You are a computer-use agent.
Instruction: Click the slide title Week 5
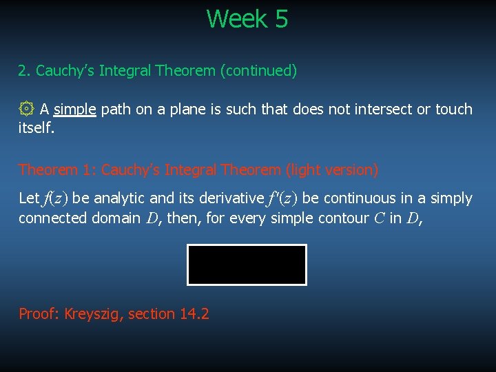tap(247, 19)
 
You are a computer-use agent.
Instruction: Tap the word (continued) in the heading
tap(258, 71)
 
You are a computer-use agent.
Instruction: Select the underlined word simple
tap(74, 110)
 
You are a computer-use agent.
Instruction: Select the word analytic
tap(118, 198)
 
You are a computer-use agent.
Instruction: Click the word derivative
tap(231, 198)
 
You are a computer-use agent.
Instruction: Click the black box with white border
tap(247, 265)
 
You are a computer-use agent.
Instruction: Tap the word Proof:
tap(39, 314)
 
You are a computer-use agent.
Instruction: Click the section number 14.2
tap(194, 314)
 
